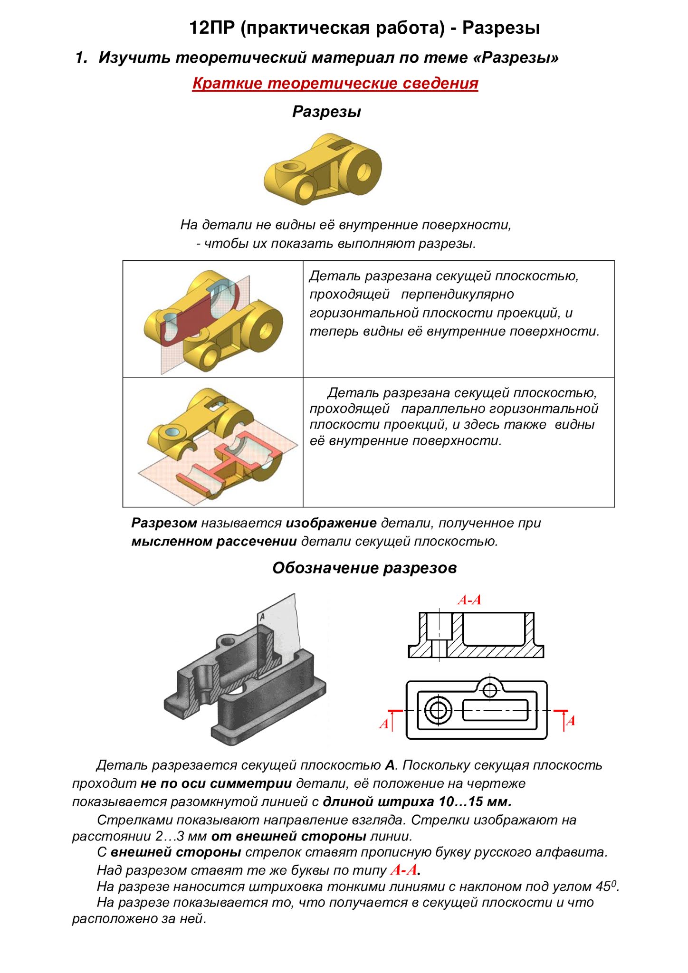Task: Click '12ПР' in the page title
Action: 212,28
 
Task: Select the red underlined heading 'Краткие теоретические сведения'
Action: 335,84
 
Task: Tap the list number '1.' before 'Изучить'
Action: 81,58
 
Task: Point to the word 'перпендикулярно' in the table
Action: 457,295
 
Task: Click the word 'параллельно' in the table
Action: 443,409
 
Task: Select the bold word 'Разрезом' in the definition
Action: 164,524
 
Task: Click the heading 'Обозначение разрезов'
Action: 364,568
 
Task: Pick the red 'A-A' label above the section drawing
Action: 469,600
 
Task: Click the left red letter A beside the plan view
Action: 383,724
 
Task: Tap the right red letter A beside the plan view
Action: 571,721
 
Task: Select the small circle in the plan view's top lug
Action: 489,690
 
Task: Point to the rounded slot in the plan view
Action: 495,711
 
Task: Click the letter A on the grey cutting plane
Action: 262,617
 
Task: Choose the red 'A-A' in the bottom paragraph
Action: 404,870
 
